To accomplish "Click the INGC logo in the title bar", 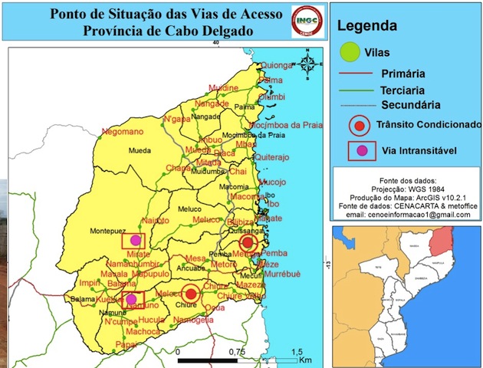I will [308, 21].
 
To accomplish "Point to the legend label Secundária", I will [411, 104].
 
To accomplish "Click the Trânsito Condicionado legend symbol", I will [356, 125].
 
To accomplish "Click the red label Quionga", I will [278, 65].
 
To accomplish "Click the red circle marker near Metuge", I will [246, 243].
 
